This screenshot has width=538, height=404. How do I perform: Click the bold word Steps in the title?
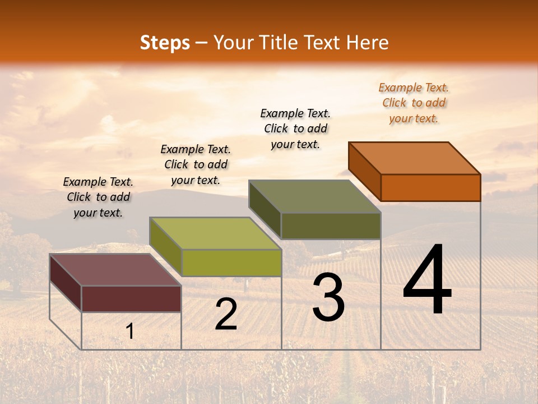(x=165, y=43)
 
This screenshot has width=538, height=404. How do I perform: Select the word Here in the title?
(x=367, y=43)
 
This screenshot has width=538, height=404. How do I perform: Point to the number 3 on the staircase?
(x=328, y=298)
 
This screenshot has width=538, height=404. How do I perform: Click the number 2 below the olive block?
(x=226, y=315)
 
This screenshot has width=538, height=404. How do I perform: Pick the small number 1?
(x=130, y=332)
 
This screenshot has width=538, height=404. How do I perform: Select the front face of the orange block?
(x=430, y=187)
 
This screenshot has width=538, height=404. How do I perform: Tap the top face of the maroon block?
(x=115, y=270)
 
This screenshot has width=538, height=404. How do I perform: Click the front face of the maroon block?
(x=131, y=299)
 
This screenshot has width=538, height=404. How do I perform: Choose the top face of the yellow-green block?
(x=215, y=233)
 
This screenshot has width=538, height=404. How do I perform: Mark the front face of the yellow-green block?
(x=231, y=263)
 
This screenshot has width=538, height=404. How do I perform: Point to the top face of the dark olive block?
(x=315, y=196)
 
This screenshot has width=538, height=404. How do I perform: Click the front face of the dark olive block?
(x=331, y=226)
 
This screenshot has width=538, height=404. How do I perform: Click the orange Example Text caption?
(x=414, y=103)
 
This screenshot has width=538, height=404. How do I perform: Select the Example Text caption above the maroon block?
(x=98, y=197)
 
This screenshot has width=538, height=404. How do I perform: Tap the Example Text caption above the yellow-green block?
(x=196, y=164)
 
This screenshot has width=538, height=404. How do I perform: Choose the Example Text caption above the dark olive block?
(x=295, y=128)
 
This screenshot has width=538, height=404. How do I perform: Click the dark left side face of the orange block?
(x=364, y=171)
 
